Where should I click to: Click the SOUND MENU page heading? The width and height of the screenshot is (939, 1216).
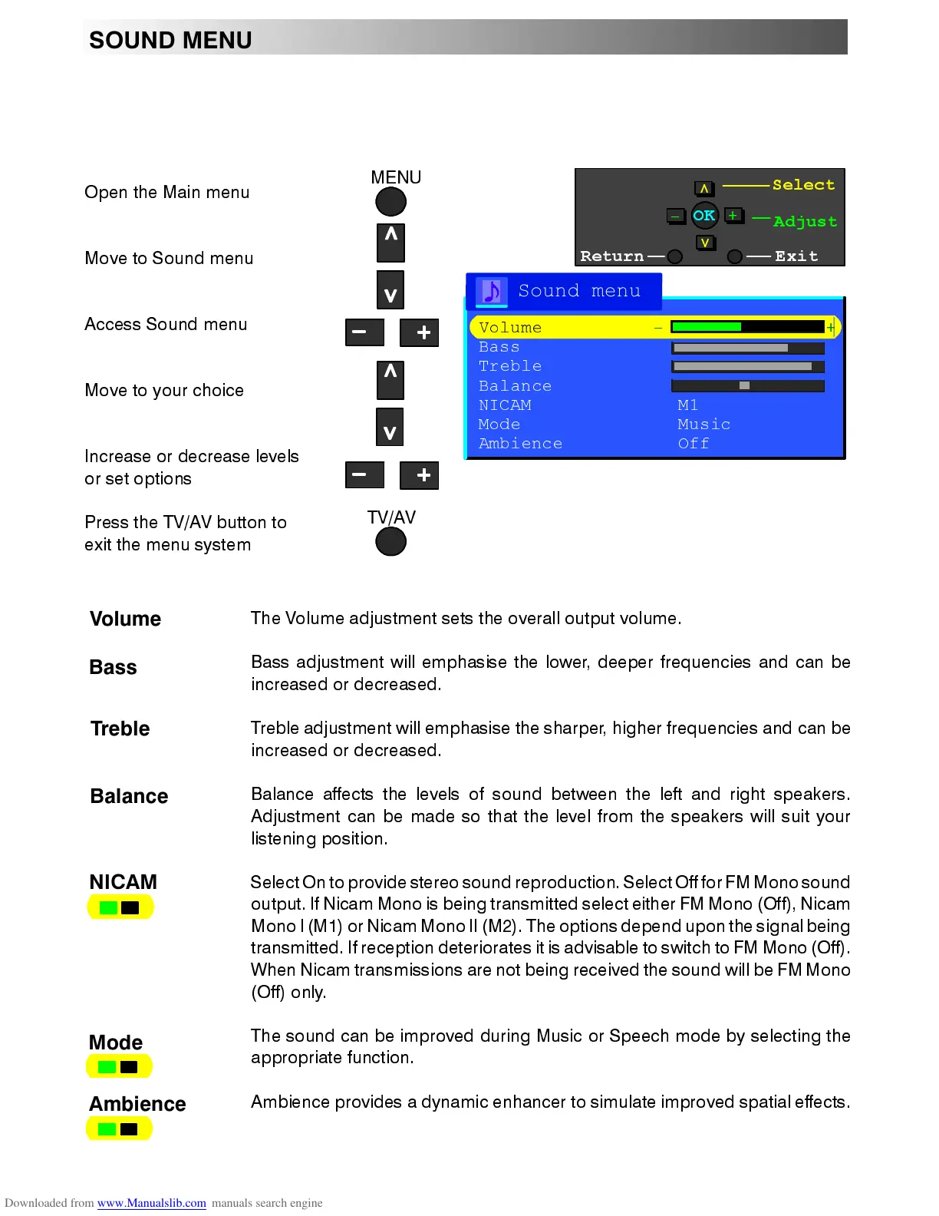click(170, 40)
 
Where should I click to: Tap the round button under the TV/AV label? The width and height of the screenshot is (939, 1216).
click(390, 542)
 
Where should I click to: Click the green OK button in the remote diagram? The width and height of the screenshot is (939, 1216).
click(703, 216)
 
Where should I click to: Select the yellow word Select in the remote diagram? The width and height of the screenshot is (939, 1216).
click(802, 185)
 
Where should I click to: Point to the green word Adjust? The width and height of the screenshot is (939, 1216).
click(805, 222)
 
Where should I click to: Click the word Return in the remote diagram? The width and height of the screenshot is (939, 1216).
click(611, 256)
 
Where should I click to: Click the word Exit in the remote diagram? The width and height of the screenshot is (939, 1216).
click(796, 256)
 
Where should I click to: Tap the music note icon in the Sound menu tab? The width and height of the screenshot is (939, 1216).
click(492, 292)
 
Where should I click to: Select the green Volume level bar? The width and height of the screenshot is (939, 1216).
click(707, 327)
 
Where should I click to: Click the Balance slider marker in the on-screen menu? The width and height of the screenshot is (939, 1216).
click(744, 385)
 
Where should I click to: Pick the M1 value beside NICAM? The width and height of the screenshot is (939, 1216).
click(688, 405)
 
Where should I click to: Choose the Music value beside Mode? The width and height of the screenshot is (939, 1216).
click(703, 424)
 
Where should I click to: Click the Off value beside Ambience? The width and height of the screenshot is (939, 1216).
click(694, 443)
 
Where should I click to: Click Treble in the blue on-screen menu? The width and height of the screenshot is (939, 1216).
click(510, 366)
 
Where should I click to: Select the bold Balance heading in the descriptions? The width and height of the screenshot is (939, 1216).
click(129, 796)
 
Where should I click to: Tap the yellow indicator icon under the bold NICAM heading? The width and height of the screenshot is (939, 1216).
click(120, 907)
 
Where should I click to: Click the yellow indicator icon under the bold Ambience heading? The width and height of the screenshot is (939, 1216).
click(119, 1128)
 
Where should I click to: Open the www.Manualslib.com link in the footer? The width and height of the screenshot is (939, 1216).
click(151, 1203)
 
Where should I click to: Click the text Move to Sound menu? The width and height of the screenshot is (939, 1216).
click(169, 259)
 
